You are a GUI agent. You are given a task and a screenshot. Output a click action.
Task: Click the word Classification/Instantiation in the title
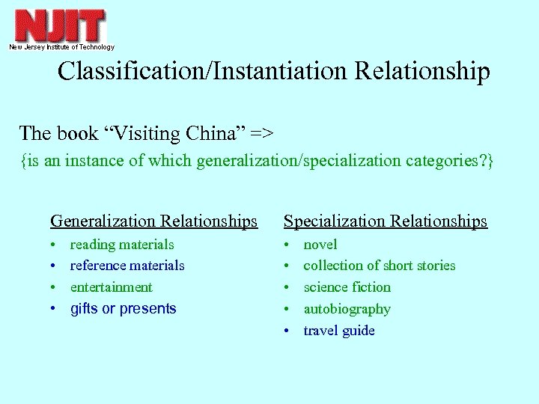click(x=203, y=71)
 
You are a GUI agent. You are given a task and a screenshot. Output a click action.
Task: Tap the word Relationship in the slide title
click(x=422, y=71)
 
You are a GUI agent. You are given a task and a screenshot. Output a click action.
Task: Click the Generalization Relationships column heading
click(x=153, y=221)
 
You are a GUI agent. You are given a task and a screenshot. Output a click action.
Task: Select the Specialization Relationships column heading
click(x=385, y=221)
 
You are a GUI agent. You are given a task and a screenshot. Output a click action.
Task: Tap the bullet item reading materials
click(x=121, y=245)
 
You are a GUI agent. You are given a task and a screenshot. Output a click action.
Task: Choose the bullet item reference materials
click(x=127, y=266)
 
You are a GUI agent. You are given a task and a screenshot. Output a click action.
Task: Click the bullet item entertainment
click(x=111, y=287)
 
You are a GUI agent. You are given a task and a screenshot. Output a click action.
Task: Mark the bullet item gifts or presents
click(x=123, y=309)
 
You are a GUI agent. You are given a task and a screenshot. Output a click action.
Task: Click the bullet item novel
click(x=320, y=245)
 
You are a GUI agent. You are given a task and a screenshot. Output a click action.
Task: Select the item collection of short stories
click(x=379, y=266)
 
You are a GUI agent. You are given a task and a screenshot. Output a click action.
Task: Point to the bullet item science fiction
click(x=347, y=287)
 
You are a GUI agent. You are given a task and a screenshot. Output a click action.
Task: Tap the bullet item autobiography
click(x=347, y=309)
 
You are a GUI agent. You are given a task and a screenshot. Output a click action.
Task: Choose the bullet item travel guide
click(x=338, y=331)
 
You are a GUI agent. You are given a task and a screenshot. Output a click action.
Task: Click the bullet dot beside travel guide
click(x=287, y=331)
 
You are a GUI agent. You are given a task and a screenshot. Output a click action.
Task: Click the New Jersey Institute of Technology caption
click(x=61, y=47)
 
